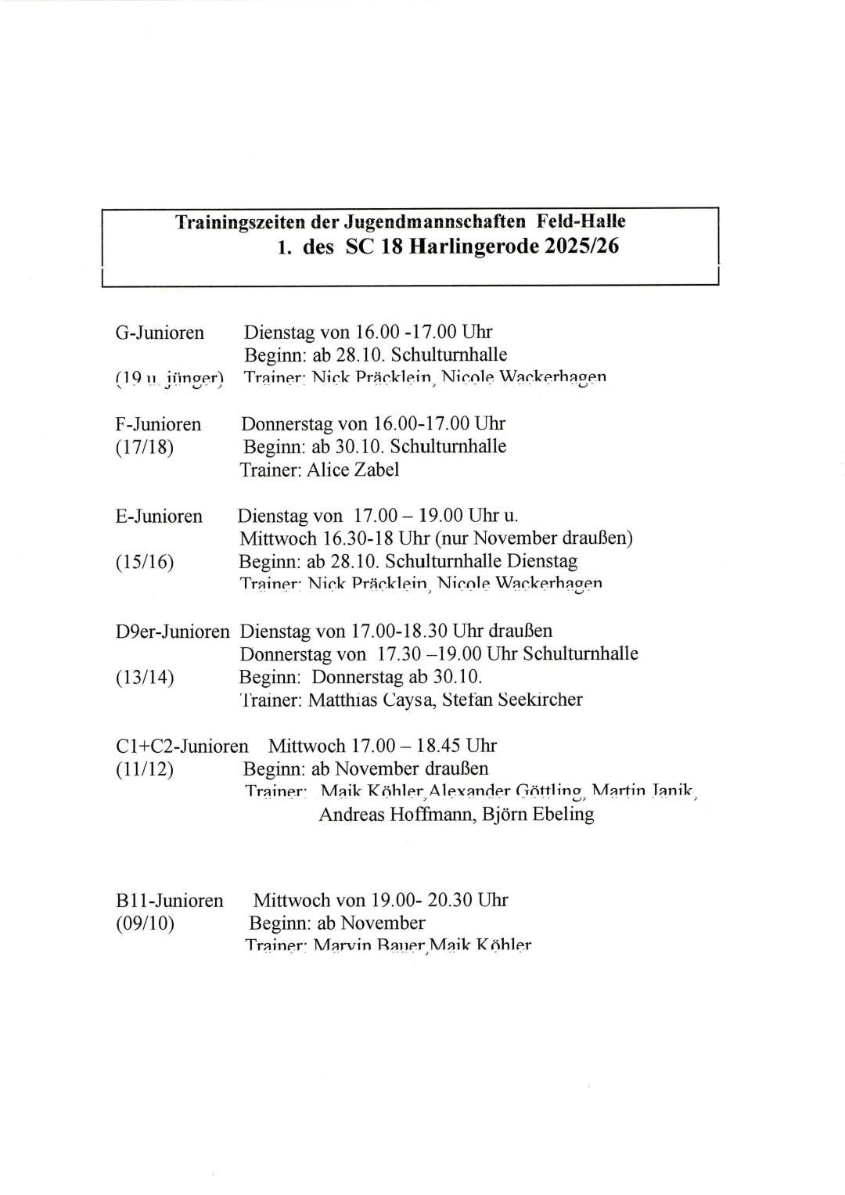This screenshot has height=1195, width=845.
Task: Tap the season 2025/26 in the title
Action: click(582, 247)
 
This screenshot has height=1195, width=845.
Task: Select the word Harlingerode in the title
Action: click(472, 247)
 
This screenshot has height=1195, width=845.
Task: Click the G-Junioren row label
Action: click(160, 333)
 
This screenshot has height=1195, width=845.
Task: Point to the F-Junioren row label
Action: click(158, 424)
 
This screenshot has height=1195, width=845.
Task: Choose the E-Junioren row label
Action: click(159, 517)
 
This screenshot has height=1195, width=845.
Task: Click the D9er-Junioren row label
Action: click(172, 631)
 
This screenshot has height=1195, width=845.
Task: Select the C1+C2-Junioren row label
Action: click(182, 746)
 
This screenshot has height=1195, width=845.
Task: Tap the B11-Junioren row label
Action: click(169, 901)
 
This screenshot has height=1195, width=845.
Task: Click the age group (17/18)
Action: click(144, 448)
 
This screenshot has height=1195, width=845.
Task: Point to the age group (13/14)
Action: click(144, 677)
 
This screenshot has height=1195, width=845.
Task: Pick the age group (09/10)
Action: click(145, 923)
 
